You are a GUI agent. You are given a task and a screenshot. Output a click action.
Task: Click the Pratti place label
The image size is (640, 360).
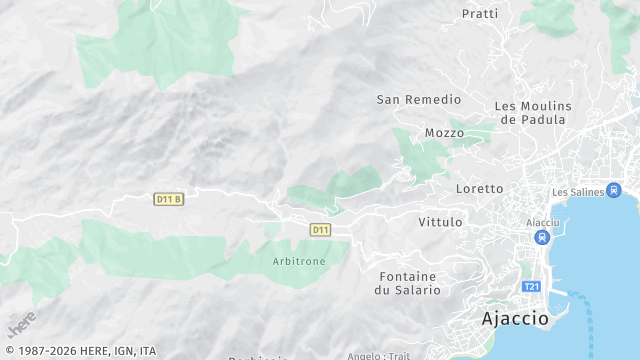480,14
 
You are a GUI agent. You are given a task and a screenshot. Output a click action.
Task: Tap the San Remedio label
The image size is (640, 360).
419,100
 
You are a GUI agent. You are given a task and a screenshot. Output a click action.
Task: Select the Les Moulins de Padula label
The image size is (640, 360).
533,113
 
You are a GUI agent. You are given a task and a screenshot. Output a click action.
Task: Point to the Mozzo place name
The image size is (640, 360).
444,133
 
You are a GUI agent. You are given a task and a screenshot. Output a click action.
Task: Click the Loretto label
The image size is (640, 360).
479,188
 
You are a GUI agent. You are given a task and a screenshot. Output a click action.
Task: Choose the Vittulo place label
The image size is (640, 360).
440,221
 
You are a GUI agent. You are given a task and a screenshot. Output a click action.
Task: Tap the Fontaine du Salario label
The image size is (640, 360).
407,282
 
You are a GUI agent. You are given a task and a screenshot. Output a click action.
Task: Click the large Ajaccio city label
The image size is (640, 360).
515,319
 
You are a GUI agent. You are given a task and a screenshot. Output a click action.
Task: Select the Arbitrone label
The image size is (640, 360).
298,261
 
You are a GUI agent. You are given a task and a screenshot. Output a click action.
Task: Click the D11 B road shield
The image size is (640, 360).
169,199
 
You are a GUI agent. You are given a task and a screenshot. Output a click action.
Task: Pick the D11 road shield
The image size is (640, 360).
320,230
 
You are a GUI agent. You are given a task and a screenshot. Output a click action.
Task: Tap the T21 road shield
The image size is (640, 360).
531,287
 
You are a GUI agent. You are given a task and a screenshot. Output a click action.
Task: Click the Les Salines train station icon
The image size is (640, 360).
613,191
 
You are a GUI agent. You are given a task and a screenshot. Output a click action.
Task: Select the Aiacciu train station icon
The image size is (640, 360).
542,238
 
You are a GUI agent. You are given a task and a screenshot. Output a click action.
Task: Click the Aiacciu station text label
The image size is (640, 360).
542,222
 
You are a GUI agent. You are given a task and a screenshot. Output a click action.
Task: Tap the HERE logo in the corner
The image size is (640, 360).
21,325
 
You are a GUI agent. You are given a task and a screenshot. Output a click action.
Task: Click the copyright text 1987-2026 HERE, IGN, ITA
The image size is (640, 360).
79,351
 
